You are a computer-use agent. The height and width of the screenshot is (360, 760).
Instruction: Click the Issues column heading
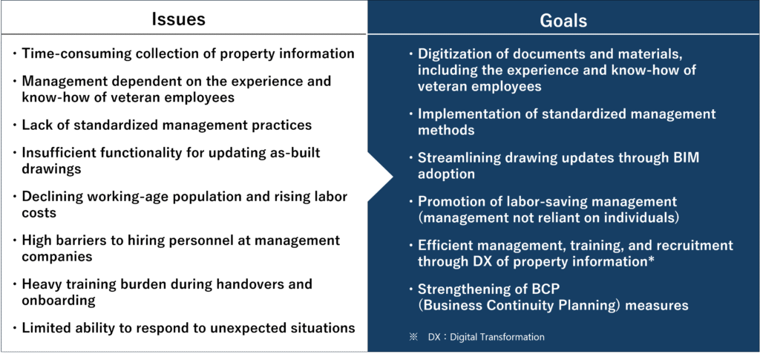coord(178,19)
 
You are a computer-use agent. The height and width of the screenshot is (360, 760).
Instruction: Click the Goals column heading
coord(563,20)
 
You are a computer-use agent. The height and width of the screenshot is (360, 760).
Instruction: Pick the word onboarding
coord(58,300)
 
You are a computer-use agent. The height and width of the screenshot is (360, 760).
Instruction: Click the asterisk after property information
coord(651,260)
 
